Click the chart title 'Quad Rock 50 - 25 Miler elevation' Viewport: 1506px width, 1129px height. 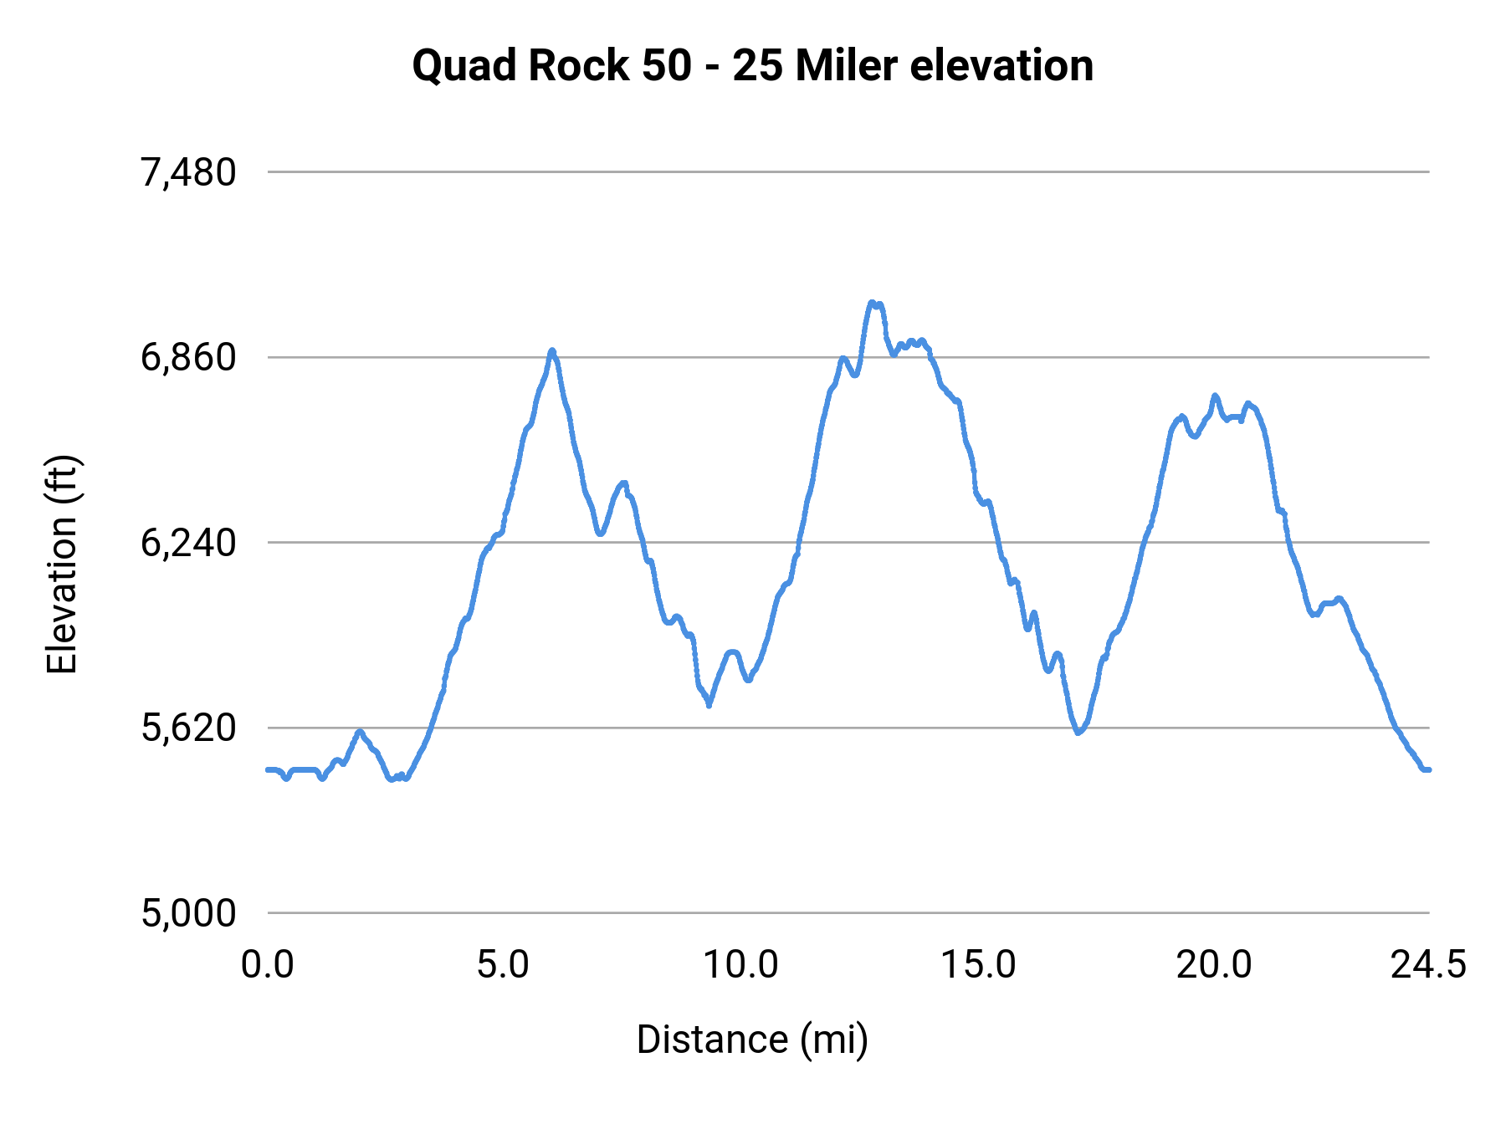[x=752, y=65]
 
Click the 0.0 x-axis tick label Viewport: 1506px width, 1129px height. [x=268, y=965]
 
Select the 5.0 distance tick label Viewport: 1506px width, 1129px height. [x=503, y=965]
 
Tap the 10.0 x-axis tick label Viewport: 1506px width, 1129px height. [x=740, y=965]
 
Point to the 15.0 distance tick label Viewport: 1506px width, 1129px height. [x=978, y=965]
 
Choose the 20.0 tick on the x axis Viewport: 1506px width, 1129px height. [x=1214, y=965]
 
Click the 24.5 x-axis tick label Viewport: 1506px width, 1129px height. [x=1428, y=965]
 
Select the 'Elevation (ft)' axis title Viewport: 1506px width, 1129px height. [x=62, y=564]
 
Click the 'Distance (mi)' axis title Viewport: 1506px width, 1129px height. [x=752, y=1040]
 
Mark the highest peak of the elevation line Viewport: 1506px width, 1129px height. [x=872, y=303]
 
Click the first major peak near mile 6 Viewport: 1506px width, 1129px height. [x=552, y=350]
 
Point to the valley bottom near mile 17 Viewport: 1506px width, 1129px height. [x=1078, y=733]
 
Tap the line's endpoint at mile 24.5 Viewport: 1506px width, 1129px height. [x=1428, y=769]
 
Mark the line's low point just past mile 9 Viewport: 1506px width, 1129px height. [x=709, y=705]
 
